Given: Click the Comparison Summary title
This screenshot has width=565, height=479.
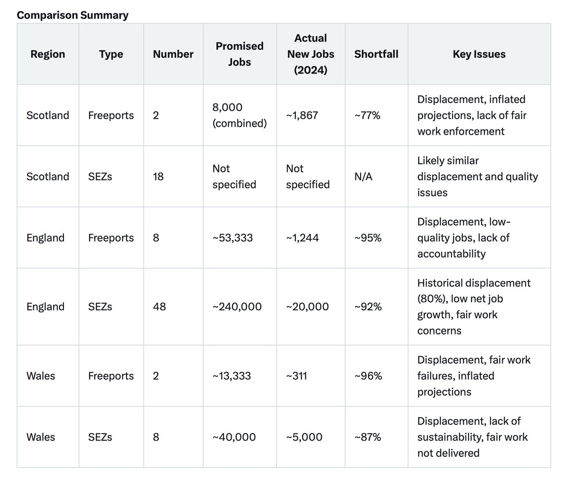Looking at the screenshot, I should click(x=73, y=15).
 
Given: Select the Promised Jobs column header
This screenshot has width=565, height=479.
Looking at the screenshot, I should click(x=239, y=54).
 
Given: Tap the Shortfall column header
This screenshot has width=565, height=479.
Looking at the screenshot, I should click(x=376, y=54).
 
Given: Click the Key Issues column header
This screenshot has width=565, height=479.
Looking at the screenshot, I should click(x=479, y=54).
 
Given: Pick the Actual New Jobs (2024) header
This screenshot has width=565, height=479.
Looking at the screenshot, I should click(x=311, y=54).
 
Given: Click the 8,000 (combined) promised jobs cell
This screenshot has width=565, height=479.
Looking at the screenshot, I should click(x=239, y=115).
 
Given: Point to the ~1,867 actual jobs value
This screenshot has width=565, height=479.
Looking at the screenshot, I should click(x=302, y=115).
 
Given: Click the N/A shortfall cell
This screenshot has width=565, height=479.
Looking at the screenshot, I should click(x=363, y=177).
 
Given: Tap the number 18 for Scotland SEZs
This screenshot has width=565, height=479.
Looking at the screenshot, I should click(x=158, y=177).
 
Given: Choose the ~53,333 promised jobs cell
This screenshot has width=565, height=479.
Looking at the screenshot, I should click(x=233, y=238).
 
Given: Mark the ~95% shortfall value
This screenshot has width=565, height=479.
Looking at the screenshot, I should click(x=368, y=238).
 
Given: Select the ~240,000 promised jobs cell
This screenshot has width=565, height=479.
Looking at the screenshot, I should click(x=237, y=307).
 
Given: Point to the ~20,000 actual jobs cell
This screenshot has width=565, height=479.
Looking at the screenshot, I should click(x=307, y=307).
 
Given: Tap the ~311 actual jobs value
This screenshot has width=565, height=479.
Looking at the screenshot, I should click(x=297, y=376).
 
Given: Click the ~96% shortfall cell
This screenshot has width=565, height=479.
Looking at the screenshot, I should click(x=368, y=376).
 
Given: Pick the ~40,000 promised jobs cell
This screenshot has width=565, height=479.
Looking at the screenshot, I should click(x=234, y=437).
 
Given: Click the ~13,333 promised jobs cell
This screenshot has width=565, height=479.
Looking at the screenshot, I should click(x=232, y=376).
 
